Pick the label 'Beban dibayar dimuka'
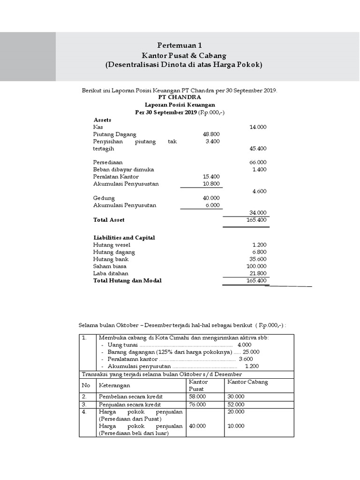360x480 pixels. point(124,169)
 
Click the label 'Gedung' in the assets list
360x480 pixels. point(104,198)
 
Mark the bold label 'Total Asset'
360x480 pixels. point(109,219)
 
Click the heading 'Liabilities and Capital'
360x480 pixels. point(124,238)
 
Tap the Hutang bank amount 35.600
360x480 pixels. point(259,259)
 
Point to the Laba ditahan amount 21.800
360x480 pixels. point(259,273)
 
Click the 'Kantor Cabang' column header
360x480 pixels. point(247,382)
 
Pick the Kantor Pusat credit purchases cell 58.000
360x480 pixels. point(197,397)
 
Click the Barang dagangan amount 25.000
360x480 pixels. point(251,352)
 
